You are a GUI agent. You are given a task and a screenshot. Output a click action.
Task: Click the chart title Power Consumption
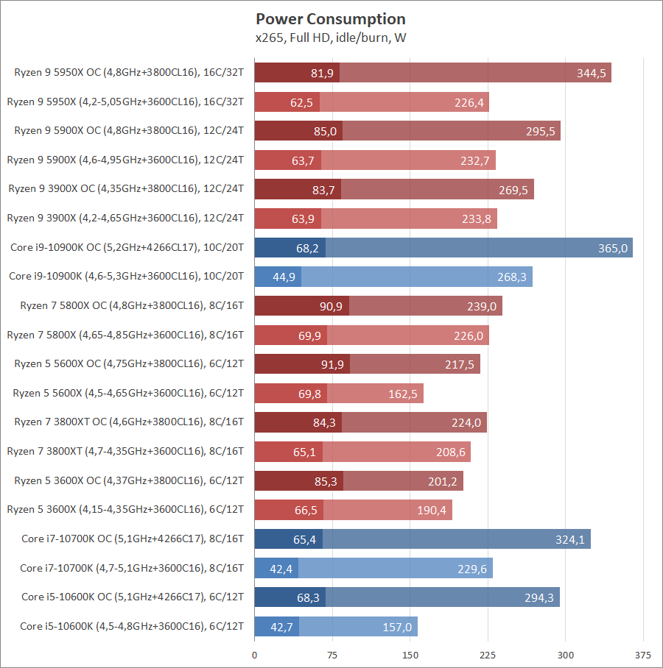331,19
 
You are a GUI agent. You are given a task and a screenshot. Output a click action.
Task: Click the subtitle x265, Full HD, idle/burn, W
331,38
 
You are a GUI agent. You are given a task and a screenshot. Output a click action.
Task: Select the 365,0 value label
613,248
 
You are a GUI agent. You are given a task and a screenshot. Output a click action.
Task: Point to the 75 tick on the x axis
332,655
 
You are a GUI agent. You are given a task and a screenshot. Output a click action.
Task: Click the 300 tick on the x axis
565,655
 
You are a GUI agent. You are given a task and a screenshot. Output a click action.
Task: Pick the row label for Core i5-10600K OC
133,597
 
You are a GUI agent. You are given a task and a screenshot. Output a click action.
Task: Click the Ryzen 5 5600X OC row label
129,363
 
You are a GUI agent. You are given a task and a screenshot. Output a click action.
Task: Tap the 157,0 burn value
398,627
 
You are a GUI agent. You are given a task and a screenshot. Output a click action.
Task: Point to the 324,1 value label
570,539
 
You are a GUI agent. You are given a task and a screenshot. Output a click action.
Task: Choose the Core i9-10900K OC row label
127,247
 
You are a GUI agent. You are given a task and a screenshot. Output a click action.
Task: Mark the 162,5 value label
403,394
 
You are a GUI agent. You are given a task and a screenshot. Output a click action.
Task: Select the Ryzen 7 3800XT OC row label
129,422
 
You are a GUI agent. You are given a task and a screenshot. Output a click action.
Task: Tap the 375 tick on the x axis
642,655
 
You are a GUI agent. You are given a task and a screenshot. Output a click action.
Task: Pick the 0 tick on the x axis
255,655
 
